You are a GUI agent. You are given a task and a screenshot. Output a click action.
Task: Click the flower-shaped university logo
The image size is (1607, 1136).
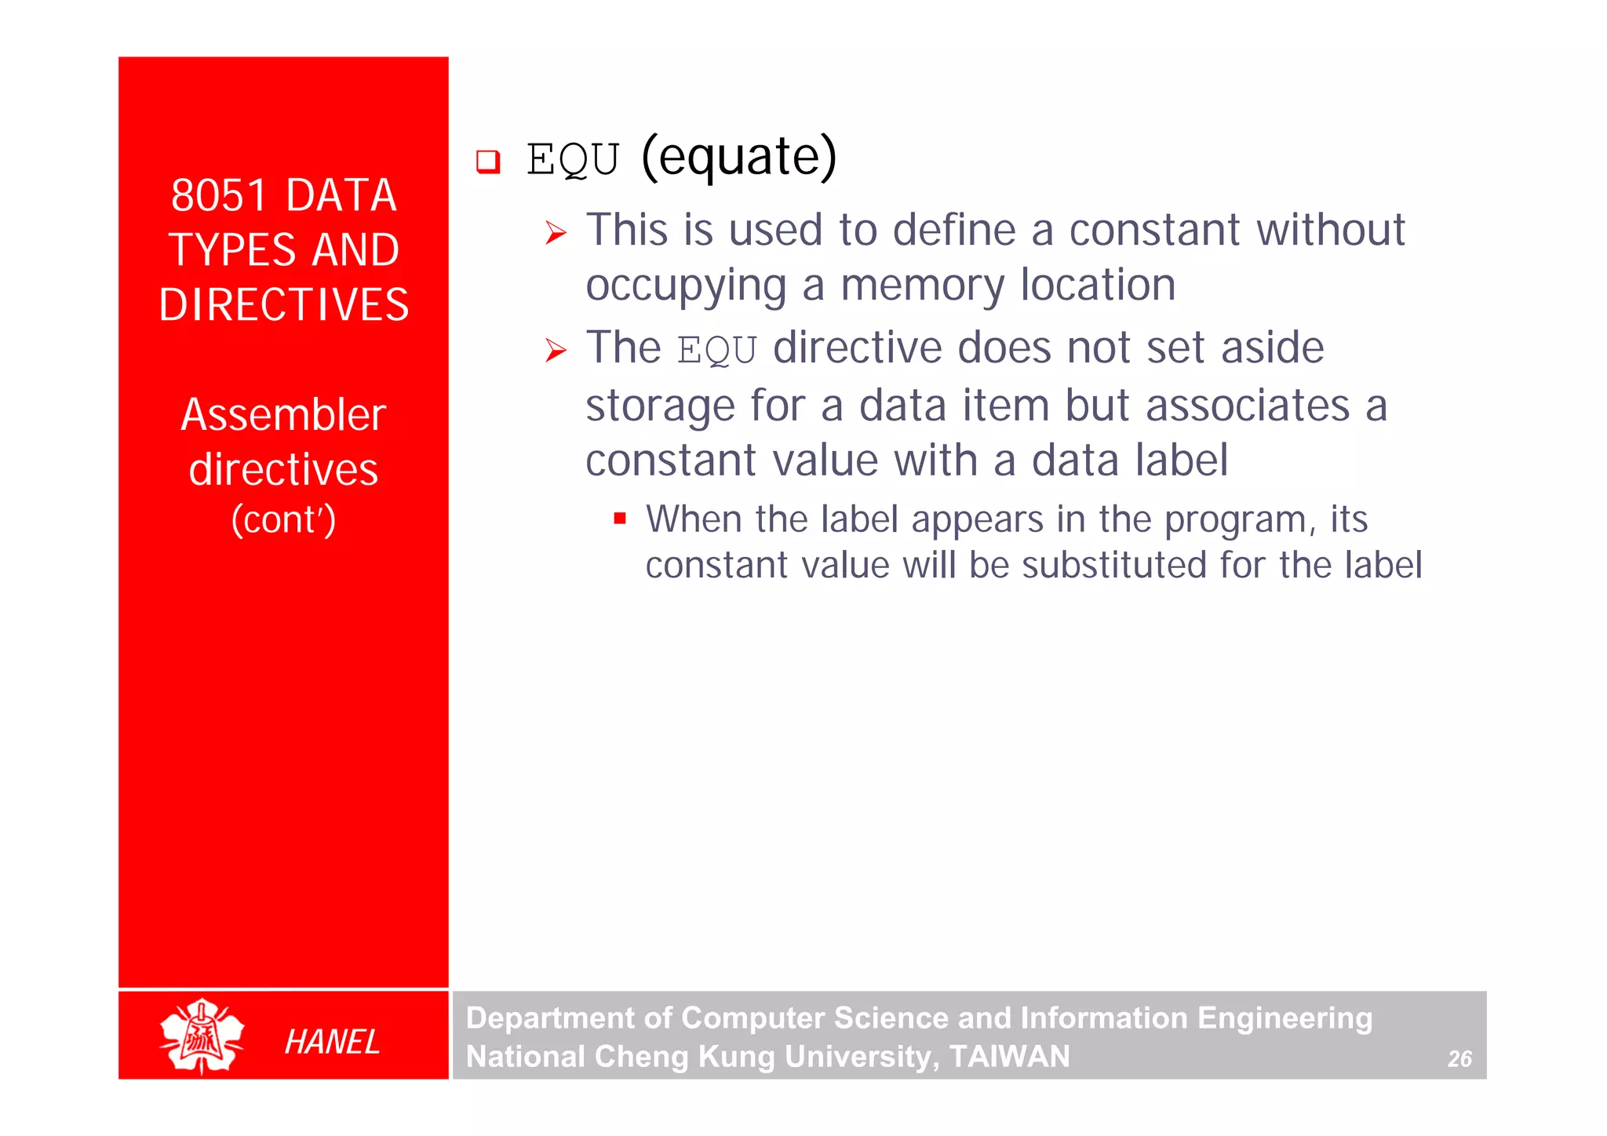[202, 1036]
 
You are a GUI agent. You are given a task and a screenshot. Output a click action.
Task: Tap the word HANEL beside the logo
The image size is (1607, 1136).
[332, 1042]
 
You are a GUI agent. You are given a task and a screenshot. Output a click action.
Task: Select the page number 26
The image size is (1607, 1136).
[1459, 1059]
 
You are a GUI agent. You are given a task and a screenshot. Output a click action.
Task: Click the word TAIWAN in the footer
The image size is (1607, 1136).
[1009, 1057]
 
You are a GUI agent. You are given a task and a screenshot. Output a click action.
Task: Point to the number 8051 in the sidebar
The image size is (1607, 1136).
[219, 195]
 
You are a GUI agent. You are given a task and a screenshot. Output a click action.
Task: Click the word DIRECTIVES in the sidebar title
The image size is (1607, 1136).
[283, 304]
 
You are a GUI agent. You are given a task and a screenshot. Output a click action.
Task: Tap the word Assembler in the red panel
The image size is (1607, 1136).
[283, 415]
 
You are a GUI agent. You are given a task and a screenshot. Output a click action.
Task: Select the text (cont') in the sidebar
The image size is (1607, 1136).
[283, 519]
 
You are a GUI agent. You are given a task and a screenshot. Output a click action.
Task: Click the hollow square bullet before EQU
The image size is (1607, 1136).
[488, 162]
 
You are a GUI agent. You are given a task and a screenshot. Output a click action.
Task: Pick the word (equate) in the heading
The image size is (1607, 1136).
[738, 157]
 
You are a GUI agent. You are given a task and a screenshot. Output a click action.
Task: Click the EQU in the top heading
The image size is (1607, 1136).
[573, 160]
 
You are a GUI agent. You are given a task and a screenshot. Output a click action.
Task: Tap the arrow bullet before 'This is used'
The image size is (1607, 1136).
[556, 233]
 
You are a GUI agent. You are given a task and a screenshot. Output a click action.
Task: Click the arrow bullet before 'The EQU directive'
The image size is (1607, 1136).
[556, 351]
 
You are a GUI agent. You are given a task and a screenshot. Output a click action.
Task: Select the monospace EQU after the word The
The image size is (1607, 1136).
[716, 351]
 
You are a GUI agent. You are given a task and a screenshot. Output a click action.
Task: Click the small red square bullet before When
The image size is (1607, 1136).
[620, 519]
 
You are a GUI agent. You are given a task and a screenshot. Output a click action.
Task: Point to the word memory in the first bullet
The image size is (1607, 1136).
[922, 286]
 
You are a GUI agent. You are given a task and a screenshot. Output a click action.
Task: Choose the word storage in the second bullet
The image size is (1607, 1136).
[659, 406]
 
